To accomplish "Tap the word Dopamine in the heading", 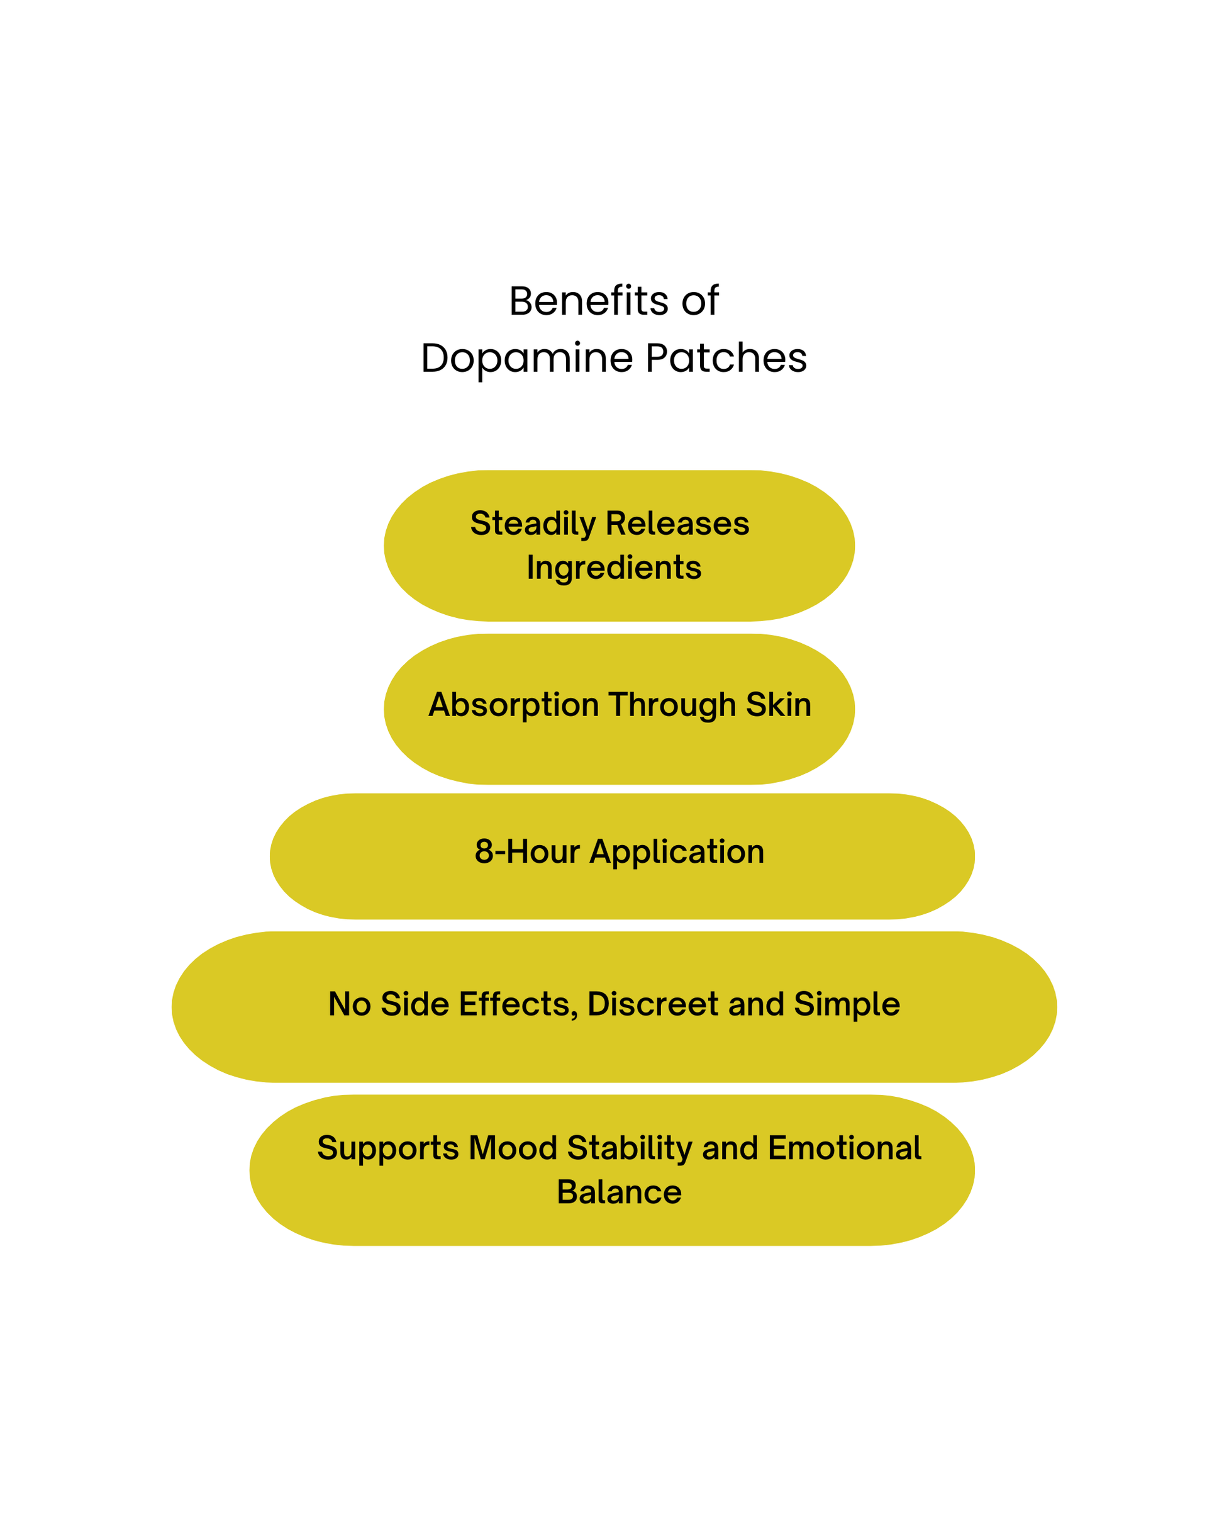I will click(x=526, y=358).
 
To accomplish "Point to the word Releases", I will click(x=677, y=524).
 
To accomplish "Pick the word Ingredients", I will click(x=613, y=568).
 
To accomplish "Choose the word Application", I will click(x=677, y=852).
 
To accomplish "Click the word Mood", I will click(x=513, y=1148).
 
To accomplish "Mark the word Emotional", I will click(x=843, y=1148).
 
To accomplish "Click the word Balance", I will click(x=618, y=1192).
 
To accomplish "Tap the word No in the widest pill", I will click(x=349, y=1004).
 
